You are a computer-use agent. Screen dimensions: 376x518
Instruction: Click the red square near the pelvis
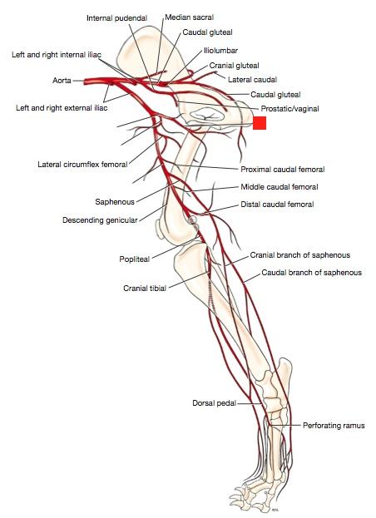[x=260, y=123]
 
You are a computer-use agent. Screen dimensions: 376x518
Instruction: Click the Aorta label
[x=62, y=81]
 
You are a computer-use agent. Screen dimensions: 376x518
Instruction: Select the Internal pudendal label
[x=116, y=17]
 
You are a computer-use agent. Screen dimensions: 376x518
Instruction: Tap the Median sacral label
[x=190, y=17]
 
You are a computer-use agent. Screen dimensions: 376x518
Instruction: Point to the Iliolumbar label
[x=220, y=51]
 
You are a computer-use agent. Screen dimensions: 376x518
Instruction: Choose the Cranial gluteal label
[x=235, y=66]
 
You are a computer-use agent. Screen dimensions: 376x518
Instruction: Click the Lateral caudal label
[x=252, y=80]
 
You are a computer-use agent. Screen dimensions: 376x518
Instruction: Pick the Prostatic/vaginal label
[x=289, y=109]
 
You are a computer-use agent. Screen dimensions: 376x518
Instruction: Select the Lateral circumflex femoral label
[x=82, y=164]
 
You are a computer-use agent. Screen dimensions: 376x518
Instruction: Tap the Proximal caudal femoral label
[x=283, y=170]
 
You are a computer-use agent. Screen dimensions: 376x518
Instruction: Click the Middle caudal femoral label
[x=280, y=187]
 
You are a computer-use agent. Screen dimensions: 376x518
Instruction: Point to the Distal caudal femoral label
[x=277, y=205]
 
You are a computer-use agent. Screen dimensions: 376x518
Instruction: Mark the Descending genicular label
[x=100, y=220]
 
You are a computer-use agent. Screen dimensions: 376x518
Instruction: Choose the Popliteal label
[x=135, y=259]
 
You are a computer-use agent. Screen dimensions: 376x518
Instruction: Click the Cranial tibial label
[x=145, y=289]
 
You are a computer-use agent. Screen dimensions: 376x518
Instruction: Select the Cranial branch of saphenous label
[x=300, y=255]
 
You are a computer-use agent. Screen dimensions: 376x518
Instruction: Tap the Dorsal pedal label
[x=215, y=403]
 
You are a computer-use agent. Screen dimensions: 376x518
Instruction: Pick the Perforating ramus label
[x=334, y=426]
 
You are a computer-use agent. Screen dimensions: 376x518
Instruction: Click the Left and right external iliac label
[x=62, y=108]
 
